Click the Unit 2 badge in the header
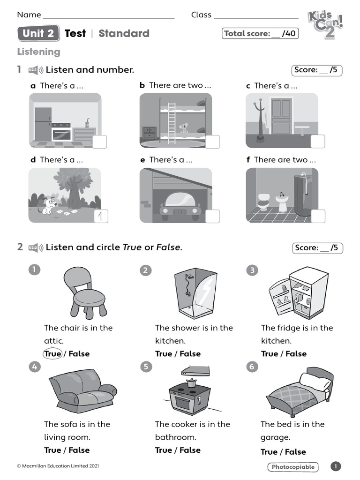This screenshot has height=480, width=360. click(38, 33)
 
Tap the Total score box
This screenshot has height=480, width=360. click(260, 33)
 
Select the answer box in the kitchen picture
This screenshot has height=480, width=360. click(99, 142)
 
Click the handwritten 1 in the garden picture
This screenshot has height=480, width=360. click(101, 216)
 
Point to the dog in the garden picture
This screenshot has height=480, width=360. click(48, 206)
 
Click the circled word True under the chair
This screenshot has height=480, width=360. click(52, 354)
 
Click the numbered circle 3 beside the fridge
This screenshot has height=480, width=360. click(252, 270)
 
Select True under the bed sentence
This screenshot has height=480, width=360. click(269, 452)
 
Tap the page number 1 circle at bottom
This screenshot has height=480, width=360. click(336, 466)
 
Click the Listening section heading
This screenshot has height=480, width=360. click(38, 52)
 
